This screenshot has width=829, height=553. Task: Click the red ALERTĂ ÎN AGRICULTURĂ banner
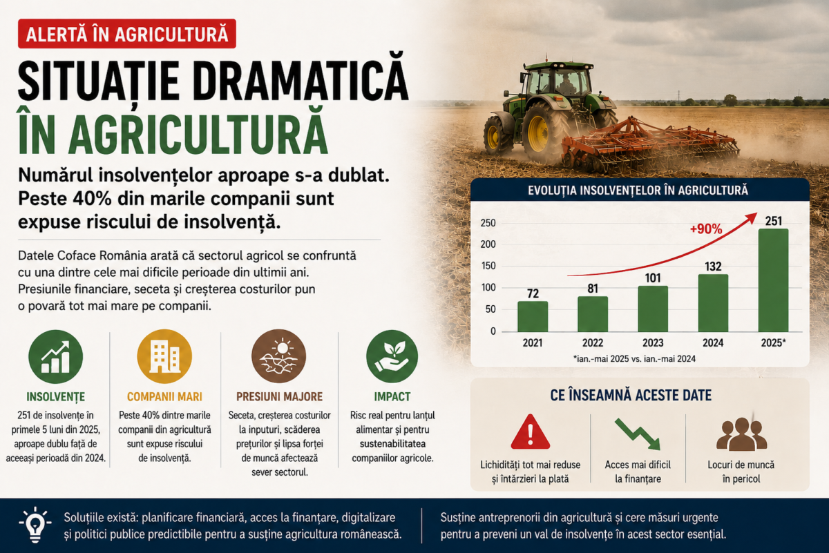[127, 34]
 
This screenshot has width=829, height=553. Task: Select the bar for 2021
[533, 316]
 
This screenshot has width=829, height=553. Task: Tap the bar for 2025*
[773, 280]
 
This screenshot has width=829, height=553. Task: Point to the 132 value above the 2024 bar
[713, 266]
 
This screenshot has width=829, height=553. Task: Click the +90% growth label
[706, 229]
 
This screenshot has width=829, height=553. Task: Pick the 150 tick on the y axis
[488, 266]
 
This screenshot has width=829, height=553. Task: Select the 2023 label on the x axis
[653, 343]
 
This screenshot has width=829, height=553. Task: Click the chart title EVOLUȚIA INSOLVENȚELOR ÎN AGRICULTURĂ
[638, 191]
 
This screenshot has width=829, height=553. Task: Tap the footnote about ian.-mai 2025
[634, 359]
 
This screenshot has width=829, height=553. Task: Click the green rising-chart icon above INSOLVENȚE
[55, 356]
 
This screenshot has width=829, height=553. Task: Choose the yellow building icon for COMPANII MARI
[164, 356]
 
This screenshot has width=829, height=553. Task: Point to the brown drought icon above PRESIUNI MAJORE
[278, 356]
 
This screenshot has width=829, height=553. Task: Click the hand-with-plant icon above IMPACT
[392, 356]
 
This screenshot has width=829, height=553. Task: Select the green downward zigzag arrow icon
[638, 434]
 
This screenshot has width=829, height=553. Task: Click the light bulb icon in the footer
[35, 525]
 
